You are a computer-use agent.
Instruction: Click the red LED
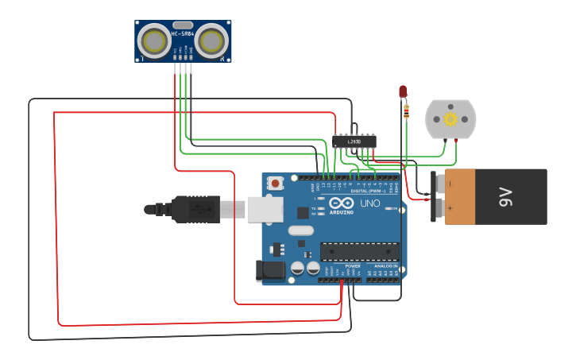403,91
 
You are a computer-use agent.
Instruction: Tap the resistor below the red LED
407,111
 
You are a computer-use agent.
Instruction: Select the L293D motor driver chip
354,141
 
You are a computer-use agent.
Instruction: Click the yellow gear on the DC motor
450,119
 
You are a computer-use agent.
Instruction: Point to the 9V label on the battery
506,196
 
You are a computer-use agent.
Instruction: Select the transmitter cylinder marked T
154,42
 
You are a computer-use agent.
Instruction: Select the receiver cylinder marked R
212,42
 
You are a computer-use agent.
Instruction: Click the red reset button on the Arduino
275,184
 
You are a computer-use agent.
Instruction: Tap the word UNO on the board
370,204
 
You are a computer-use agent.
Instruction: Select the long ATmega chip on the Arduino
359,251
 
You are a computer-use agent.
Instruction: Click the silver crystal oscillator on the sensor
183,25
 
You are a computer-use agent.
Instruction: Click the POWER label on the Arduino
342,265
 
